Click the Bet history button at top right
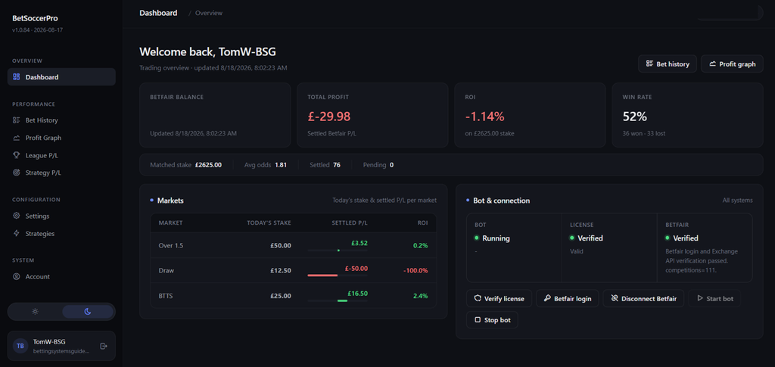(x=668, y=64)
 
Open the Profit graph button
(x=732, y=64)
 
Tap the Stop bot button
(x=492, y=320)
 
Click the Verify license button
(x=499, y=298)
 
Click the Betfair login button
(x=568, y=298)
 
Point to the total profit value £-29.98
(x=328, y=117)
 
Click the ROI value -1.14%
(x=485, y=117)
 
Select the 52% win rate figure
(x=635, y=117)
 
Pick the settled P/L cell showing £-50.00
(x=356, y=268)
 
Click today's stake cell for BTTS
(x=280, y=296)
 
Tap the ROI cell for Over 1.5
(x=421, y=245)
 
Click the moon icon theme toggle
(x=88, y=312)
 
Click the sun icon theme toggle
(x=35, y=312)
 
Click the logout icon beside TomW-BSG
(x=103, y=346)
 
